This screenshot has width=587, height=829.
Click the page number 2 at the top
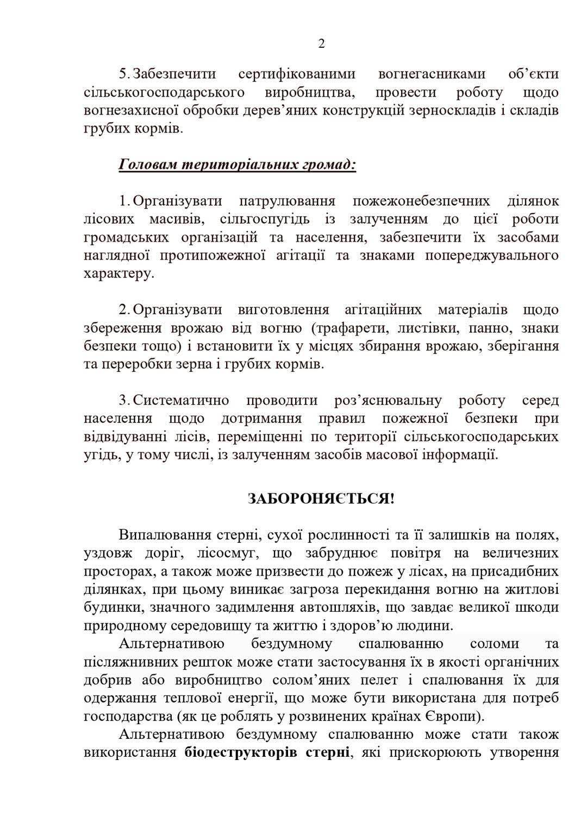[321, 44]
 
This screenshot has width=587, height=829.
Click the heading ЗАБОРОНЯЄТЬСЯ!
[321, 498]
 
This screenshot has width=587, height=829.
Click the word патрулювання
[287, 201]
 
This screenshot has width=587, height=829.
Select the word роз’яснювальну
[388, 401]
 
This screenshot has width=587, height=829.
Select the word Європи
[452, 717]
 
